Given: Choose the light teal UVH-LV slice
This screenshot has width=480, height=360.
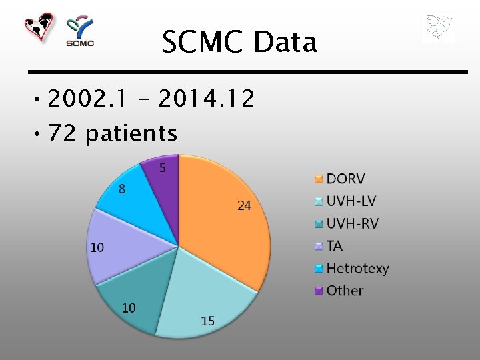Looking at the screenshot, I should click(x=200, y=300).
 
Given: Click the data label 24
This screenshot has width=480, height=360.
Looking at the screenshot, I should click(x=244, y=206).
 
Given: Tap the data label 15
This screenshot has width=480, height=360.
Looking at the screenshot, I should click(x=207, y=321).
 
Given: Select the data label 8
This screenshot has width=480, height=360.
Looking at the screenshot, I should click(x=122, y=189).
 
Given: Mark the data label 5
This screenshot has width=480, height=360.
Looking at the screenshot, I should click(x=163, y=168).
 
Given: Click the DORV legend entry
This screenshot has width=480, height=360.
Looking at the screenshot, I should click(x=345, y=179).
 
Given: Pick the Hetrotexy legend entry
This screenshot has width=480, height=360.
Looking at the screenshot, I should click(x=357, y=269).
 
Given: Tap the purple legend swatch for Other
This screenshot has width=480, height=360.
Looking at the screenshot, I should click(x=318, y=291).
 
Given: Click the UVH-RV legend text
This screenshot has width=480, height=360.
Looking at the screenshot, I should click(x=352, y=223).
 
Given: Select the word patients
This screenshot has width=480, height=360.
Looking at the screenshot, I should click(x=131, y=134).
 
